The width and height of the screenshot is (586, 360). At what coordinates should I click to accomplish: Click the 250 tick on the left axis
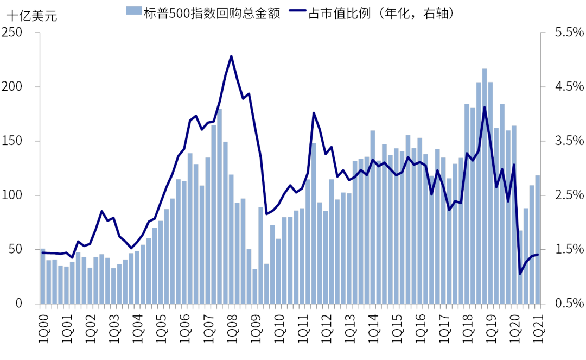point(15,33)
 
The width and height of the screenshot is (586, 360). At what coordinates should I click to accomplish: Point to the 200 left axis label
point(15,87)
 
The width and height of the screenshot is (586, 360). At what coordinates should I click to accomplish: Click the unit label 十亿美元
point(31,16)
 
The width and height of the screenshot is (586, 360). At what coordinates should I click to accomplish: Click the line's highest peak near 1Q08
point(231,56)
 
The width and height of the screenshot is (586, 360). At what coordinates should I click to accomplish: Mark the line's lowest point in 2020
point(520,274)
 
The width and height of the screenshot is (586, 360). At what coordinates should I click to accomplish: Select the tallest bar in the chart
point(485,186)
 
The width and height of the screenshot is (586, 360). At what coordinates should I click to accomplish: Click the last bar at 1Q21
point(538,239)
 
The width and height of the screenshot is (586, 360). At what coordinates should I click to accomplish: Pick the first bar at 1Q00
point(43,276)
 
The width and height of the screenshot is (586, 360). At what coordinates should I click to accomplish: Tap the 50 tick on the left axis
point(18,249)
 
